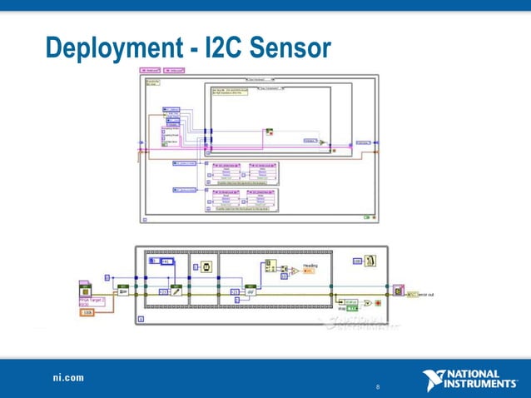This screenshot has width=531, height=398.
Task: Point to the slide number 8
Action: click(379, 387)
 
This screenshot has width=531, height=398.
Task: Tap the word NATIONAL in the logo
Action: click(478, 374)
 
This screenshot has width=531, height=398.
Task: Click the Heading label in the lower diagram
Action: click(310, 265)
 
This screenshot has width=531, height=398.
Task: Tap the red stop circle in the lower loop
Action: click(378, 303)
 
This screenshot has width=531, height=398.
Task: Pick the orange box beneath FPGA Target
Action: click(86, 313)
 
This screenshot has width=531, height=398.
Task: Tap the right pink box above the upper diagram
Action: click(175, 71)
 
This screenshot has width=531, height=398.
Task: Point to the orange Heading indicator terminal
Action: click(309, 271)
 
